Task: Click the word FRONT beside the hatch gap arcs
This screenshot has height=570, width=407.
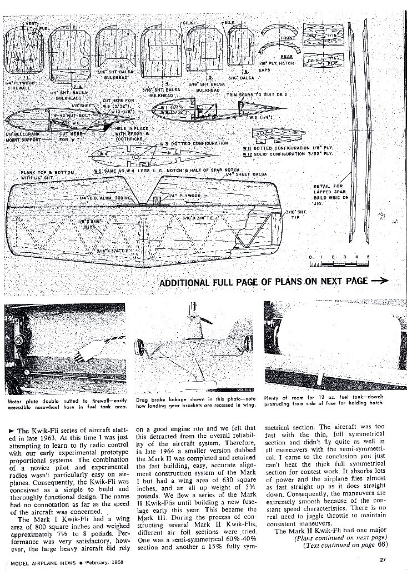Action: point(288,38)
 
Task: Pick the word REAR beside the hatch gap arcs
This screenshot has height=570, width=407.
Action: point(287,57)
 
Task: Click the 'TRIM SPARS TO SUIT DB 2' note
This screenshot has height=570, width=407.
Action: point(257,94)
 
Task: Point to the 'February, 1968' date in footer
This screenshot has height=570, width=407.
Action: point(109,560)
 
